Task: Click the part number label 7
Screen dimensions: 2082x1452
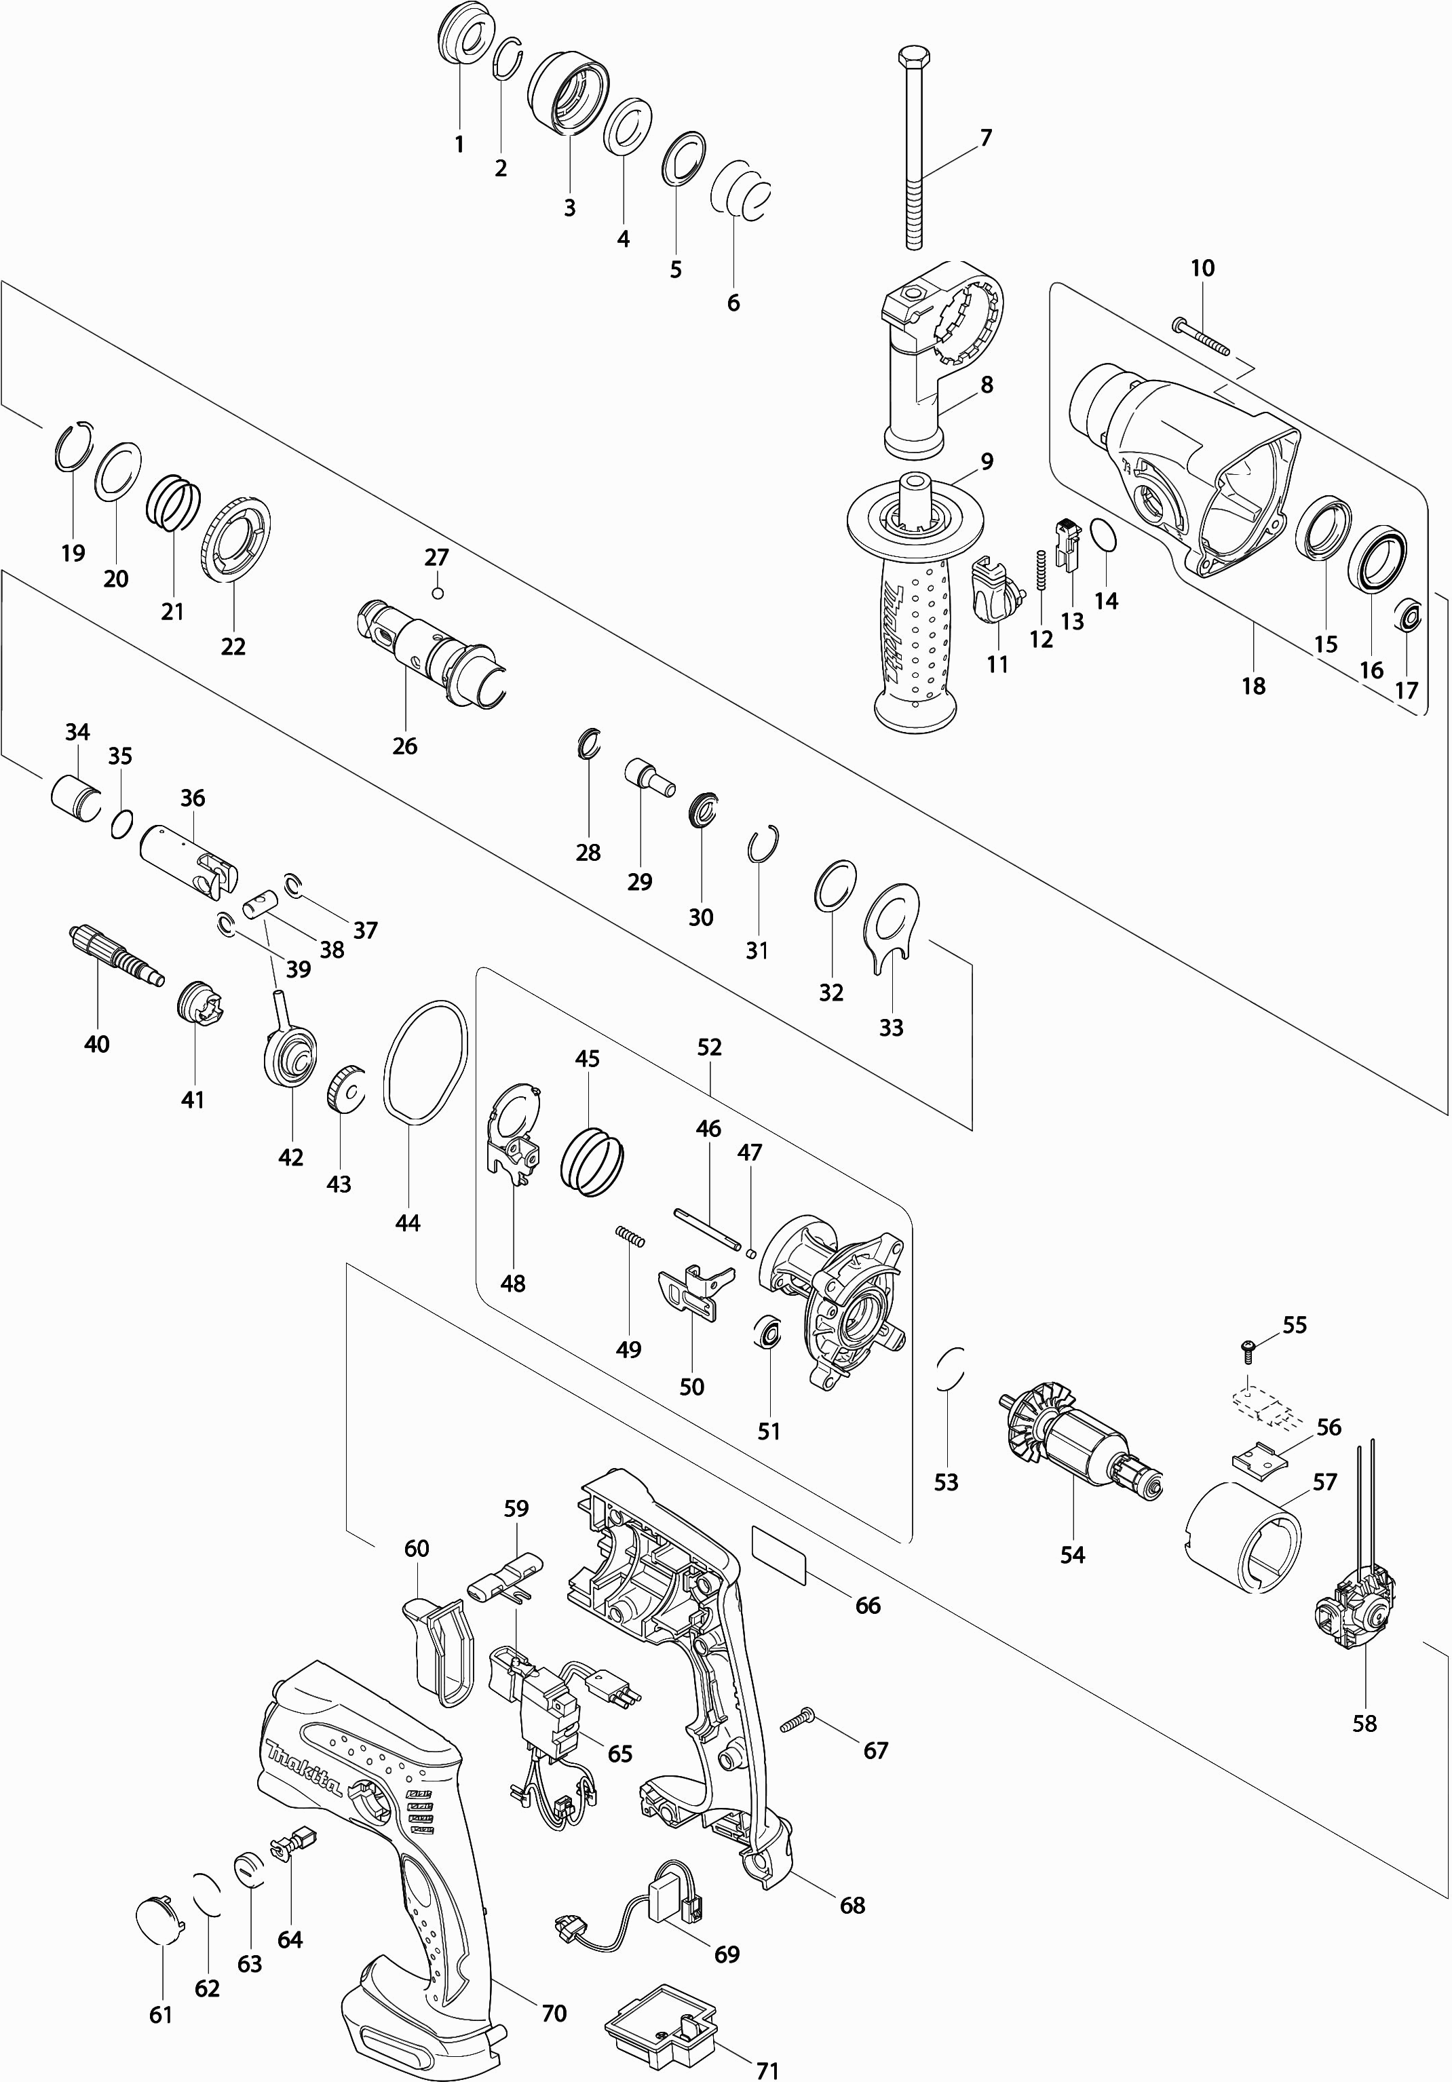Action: (x=986, y=138)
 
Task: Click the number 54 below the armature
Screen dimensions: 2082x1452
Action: (x=1072, y=1555)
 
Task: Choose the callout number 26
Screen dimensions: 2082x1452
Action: (x=404, y=746)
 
